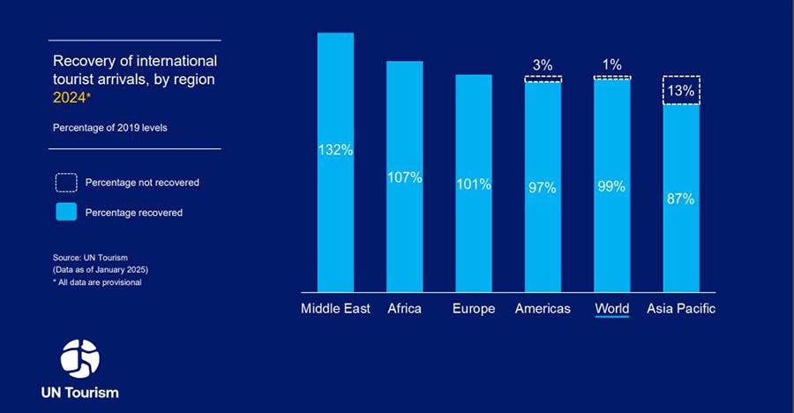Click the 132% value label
[335, 150]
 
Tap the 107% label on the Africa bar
[404, 177]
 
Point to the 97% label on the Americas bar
[543, 187]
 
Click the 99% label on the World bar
[611, 186]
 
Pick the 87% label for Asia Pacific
[680, 199]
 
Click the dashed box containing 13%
[681, 90]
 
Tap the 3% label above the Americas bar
[543, 65]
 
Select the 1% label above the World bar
[611, 64]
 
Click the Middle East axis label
[335, 309]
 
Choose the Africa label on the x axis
[404, 309]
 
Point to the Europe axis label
[474, 309]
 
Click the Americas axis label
[543, 309]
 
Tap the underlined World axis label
[611, 309]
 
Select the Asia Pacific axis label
[681, 309]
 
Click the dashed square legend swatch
[67, 183]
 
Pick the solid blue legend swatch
[67, 212]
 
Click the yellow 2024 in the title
[71, 97]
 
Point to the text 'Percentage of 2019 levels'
[109, 127]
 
